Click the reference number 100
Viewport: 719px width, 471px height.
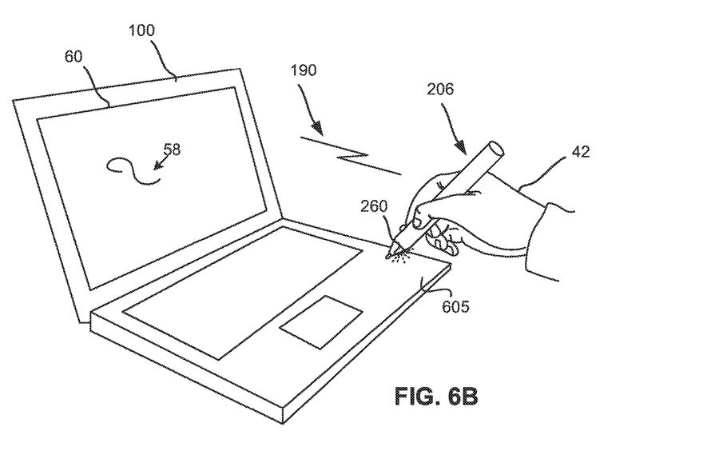coord(141,31)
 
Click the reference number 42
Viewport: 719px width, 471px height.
coord(581,151)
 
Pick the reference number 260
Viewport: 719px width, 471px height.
coord(373,207)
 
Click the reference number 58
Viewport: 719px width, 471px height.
coord(172,148)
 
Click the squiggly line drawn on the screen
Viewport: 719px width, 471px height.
coord(131,170)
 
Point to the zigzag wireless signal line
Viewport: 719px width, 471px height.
coord(351,156)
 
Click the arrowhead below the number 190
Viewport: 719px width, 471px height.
coord(317,128)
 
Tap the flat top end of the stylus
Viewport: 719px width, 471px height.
coord(495,149)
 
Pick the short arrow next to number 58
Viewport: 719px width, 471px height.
coord(158,162)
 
